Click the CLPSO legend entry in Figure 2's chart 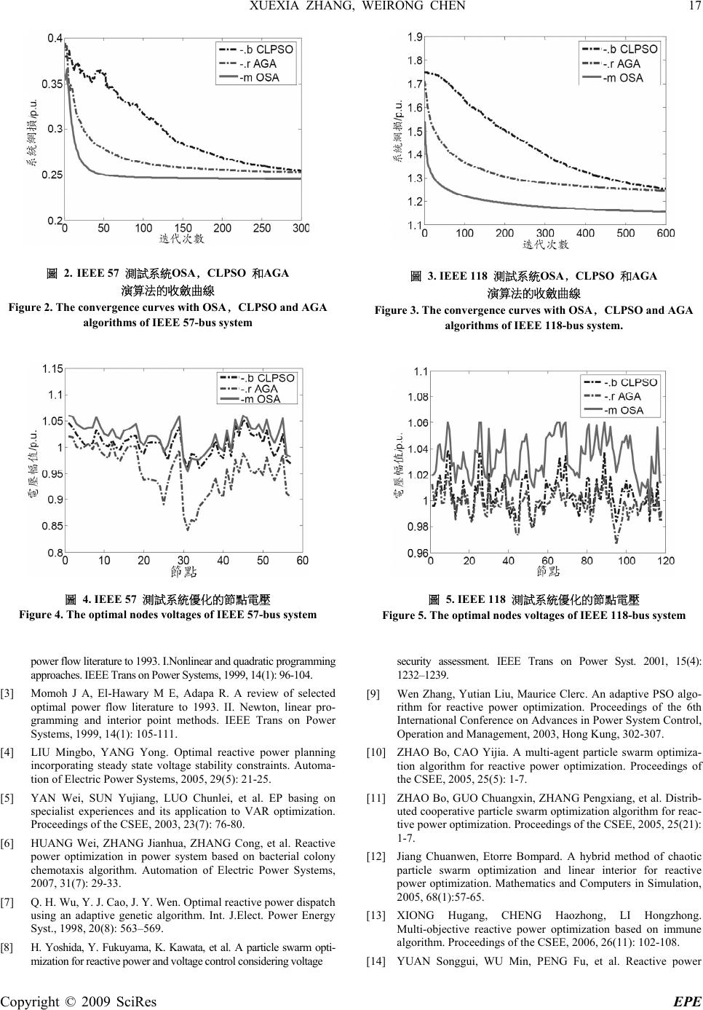click(266, 50)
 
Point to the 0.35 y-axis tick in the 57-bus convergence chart click(50, 84)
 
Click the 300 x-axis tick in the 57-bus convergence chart click(301, 228)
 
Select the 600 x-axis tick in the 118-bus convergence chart click(665, 233)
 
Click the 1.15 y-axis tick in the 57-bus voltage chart click(52, 368)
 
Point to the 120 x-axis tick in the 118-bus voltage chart click(665, 561)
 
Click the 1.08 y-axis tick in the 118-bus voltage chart click(416, 397)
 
